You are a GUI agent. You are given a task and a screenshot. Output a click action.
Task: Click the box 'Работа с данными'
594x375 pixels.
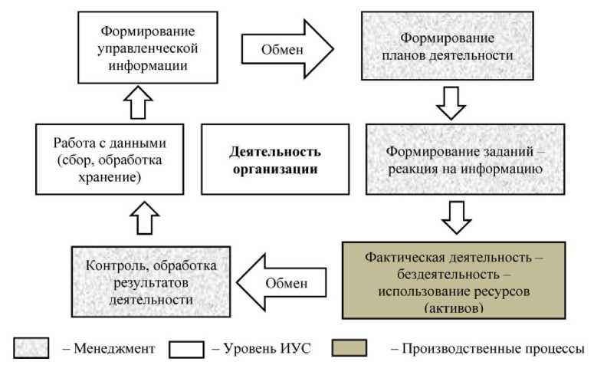point(110,160)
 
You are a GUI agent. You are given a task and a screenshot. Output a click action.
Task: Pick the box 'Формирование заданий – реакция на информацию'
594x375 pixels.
point(455,159)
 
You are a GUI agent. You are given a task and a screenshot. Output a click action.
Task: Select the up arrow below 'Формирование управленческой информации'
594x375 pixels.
point(137,102)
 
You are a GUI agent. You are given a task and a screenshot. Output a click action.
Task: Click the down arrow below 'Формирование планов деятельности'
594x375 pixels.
point(451,102)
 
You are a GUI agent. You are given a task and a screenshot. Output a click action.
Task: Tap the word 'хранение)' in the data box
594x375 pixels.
point(110,176)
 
